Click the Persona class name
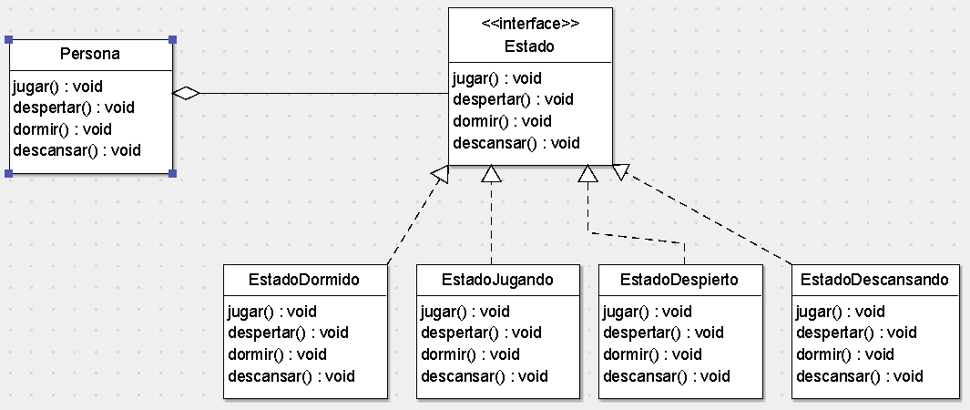89,55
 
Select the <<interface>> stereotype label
529,24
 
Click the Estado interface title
529,46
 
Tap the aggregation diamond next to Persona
186,93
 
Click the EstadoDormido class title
304,280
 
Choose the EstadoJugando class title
497,280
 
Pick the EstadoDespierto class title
679,280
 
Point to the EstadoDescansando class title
874,280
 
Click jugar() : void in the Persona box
57,87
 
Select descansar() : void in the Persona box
77,150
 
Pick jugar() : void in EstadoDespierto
647,312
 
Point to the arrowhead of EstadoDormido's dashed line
441,175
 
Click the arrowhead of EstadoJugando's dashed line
492,174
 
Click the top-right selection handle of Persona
172,40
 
